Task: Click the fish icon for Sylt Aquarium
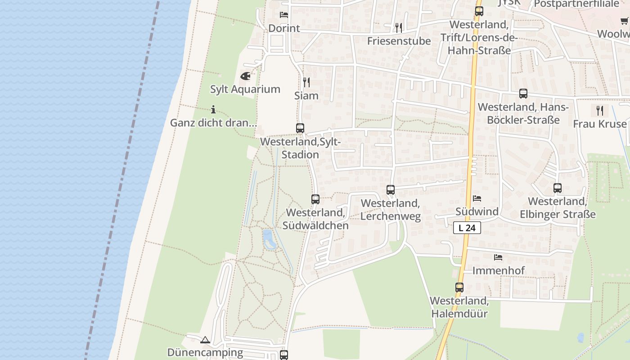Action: tap(245, 76)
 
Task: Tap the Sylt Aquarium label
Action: tap(245, 89)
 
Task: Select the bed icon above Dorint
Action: tap(284, 15)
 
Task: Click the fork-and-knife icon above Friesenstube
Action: tap(399, 28)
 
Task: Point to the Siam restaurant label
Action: tap(306, 95)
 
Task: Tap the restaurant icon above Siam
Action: tap(306, 82)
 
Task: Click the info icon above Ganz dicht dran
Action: tap(213, 109)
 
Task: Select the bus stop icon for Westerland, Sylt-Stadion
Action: tap(300, 128)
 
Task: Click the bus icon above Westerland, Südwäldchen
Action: tap(315, 199)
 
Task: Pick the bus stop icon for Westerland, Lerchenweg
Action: tap(391, 190)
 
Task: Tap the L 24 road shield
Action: tap(467, 228)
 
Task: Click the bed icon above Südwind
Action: tap(477, 198)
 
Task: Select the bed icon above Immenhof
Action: tap(498, 257)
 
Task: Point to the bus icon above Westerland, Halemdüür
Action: tap(459, 287)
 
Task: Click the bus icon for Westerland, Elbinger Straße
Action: tap(558, 188)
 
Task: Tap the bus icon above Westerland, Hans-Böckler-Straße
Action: tap(523, 94)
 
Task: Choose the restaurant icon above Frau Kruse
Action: tap(599, 110)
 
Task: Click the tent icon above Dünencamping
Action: tap(205, 340)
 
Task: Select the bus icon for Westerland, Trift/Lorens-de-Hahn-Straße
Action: tap(479, 11)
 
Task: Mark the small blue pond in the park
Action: tap(269, 239)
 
